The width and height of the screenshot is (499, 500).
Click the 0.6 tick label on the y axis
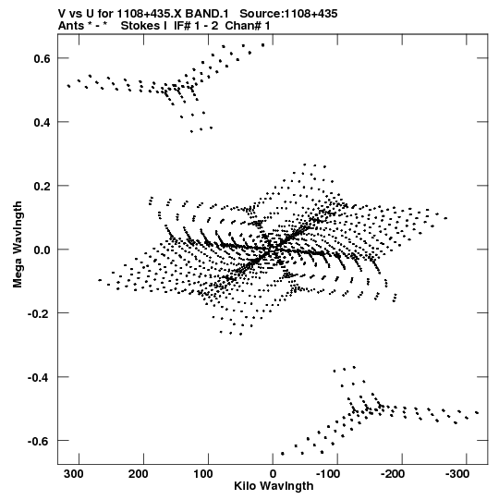tap(43, 58)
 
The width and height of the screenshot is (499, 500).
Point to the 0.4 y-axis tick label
tap(43, 122)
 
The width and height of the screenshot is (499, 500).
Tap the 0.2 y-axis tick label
tap(43, 186)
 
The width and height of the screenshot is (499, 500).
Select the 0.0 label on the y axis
tap(43, 250)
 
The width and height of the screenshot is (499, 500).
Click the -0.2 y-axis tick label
tap(39, 313)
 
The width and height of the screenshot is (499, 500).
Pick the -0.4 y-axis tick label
tap(39, 377)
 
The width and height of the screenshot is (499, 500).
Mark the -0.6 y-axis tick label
tap(39, 441)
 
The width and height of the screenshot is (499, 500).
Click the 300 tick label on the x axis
tap(73, 474)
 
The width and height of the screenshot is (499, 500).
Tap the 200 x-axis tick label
tap(138, 474)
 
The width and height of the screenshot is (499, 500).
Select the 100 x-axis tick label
tap(202, 474)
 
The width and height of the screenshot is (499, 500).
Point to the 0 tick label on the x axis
tap(273, 474)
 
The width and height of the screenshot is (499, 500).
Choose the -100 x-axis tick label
tap(328, 474)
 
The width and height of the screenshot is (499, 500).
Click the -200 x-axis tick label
tap(393, 474)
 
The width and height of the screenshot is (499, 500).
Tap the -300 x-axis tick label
tap(457, 474)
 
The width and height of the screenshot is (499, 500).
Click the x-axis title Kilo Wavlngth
tap(274, 486)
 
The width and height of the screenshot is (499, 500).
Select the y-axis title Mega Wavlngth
tap(18, 244)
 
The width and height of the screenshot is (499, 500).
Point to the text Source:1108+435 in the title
tap(288, 14)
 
